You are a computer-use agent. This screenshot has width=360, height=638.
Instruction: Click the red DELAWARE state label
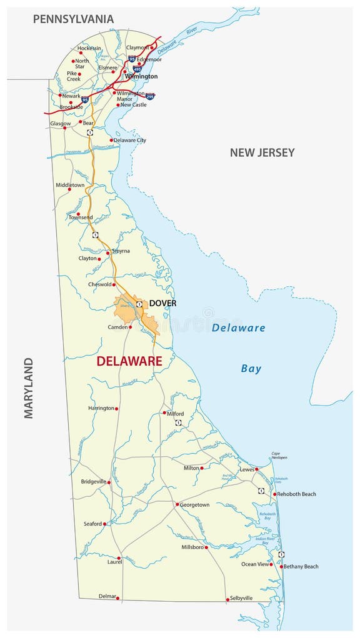129,361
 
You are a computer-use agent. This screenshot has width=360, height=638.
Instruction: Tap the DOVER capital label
162,303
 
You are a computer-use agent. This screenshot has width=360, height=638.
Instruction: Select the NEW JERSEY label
262,152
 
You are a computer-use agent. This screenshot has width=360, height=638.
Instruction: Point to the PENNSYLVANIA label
73,19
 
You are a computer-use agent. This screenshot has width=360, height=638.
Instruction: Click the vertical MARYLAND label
29,387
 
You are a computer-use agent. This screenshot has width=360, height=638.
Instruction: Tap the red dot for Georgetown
177,504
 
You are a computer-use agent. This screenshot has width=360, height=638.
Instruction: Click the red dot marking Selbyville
227,599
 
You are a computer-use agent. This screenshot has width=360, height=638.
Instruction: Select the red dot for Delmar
117,598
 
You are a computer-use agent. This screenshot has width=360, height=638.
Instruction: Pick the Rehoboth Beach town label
297,494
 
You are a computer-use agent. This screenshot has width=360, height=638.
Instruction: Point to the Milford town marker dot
164,412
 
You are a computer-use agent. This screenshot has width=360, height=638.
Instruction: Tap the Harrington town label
101,408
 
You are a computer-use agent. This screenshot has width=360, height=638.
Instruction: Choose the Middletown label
70,185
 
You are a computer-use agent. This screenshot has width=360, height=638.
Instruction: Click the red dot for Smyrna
108,253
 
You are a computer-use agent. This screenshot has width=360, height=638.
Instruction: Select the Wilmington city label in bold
141,76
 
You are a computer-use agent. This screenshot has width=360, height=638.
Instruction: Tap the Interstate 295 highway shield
150,96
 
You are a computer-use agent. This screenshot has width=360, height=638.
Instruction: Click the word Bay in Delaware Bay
251,368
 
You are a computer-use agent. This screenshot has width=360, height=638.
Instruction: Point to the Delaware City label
130,140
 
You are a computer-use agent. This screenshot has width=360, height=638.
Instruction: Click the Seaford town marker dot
104,524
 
